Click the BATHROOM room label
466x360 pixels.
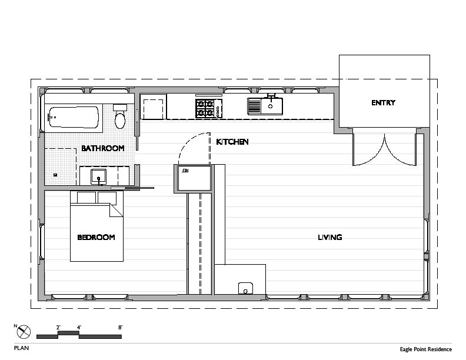(x=102, y=148)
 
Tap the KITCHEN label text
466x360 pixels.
(x=232, y=142)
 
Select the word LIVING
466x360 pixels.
(x=329, y=238)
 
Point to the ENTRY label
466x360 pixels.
(x=383, y=102)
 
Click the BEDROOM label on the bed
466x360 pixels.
(x=96, y=238)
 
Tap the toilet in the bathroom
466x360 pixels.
(x=120, y=118)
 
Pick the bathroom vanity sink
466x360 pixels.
(x=99, y=175)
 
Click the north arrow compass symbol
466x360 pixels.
(x=24, y=332)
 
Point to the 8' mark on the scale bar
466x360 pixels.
(x=120, y=327)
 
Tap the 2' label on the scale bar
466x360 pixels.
(x=58, y=327)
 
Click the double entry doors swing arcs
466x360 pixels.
(x=384, y=150)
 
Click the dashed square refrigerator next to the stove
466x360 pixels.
(x=153, y=108)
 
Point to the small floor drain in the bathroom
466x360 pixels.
(x=55, y=175)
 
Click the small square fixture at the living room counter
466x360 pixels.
(x=244, y=288)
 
